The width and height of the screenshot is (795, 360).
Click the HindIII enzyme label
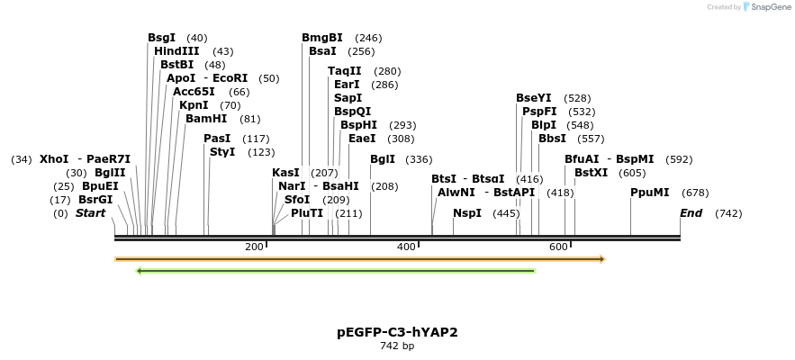176,51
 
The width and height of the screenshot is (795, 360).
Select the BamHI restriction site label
206,119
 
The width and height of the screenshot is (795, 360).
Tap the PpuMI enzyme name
649,193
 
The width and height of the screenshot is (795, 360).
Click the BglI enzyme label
383,159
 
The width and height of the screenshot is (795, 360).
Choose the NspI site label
467,213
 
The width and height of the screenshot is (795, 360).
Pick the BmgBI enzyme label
322,38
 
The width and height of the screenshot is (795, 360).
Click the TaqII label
345,71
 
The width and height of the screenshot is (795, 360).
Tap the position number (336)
419,159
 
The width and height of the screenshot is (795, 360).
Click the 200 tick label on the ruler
254,247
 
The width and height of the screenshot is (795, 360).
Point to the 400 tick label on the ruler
406,247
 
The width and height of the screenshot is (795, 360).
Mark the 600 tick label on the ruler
558,247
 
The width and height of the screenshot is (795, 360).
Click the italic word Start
90,213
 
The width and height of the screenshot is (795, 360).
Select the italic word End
691,213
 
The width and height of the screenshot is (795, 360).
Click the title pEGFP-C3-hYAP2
397,332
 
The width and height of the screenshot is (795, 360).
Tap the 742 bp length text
397,346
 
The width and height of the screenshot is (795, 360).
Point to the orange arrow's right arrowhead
602,259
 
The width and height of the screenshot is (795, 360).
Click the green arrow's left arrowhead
139,270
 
